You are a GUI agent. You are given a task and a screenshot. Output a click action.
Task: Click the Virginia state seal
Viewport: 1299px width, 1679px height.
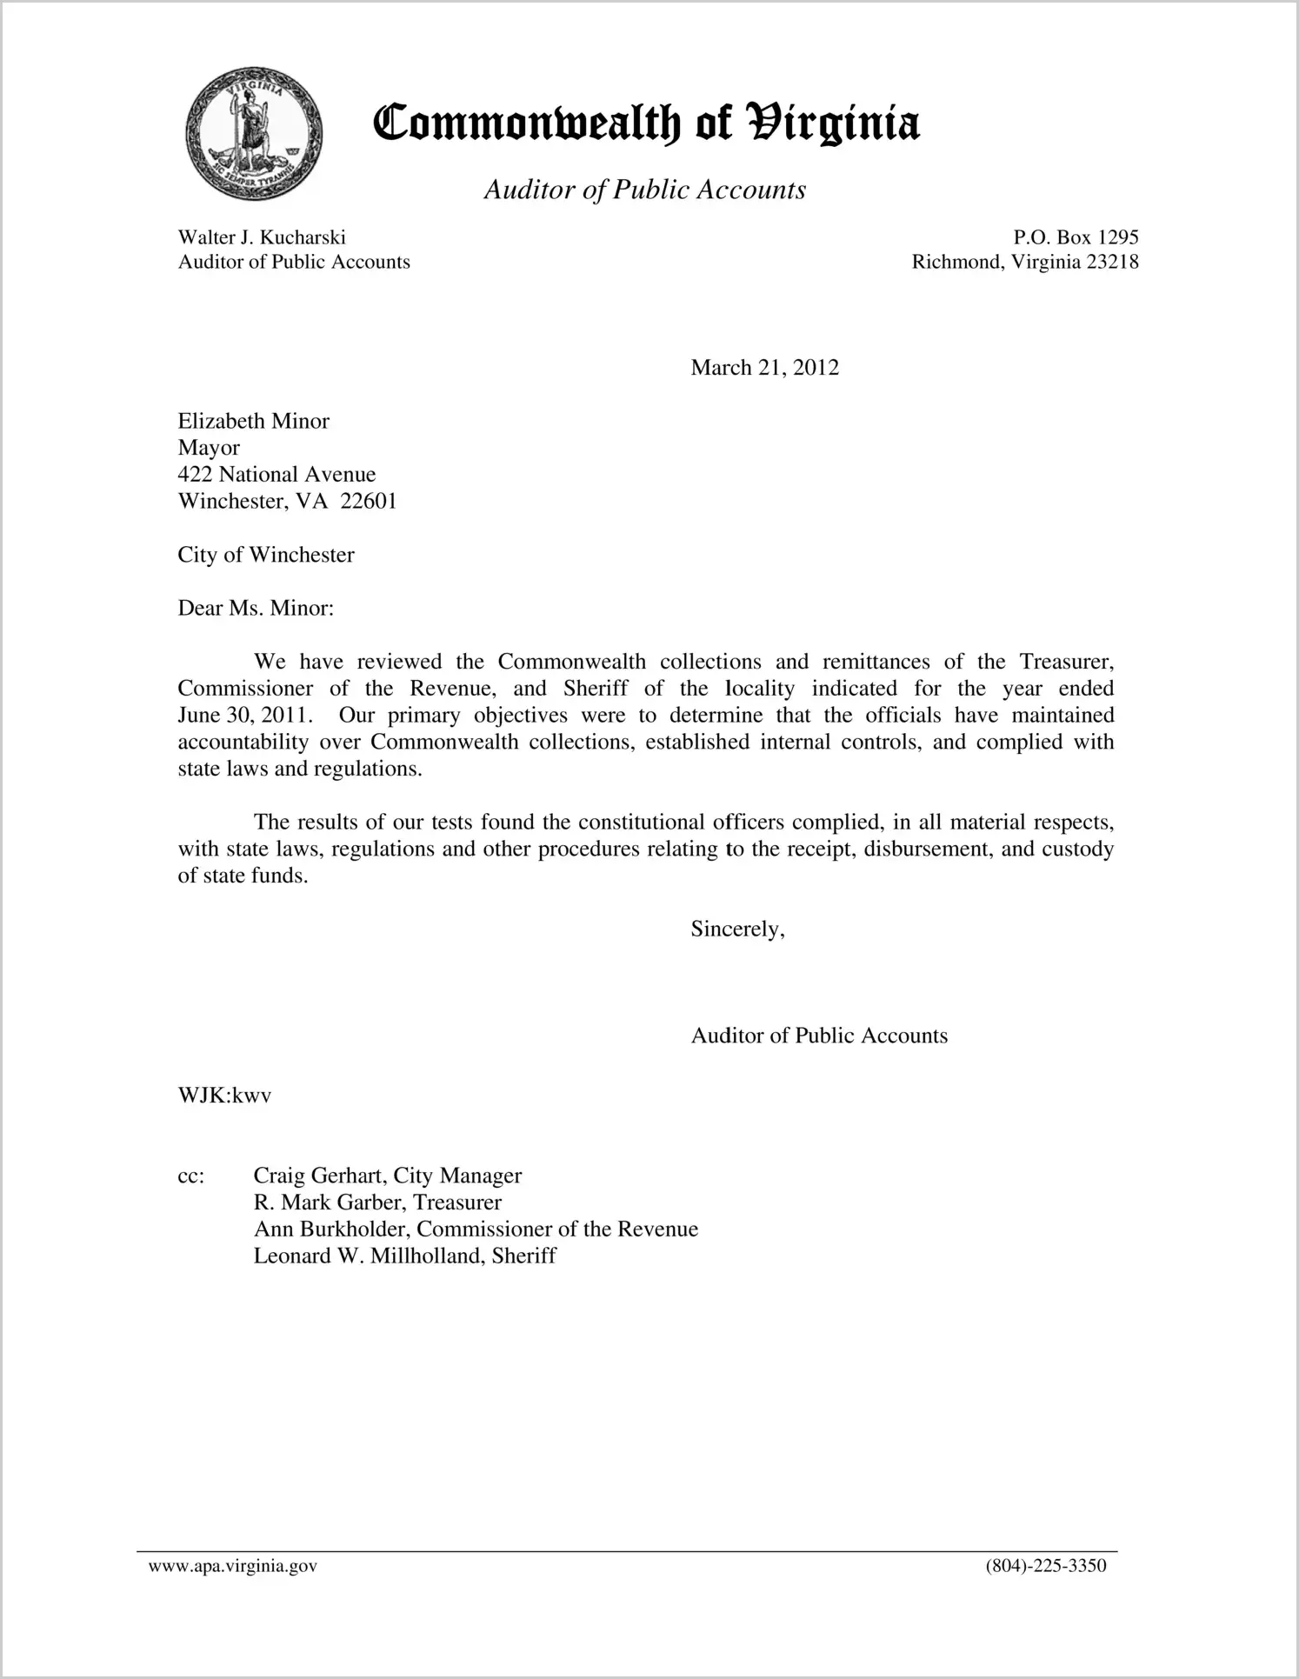[x=254, y=133]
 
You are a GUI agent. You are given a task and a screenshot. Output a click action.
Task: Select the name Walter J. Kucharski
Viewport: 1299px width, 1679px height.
[x=262, y=237]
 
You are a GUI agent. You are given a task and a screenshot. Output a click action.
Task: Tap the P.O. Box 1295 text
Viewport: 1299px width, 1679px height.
[x=1076, y=237]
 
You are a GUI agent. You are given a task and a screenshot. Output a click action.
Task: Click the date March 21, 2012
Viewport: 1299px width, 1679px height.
[x=764, y=368]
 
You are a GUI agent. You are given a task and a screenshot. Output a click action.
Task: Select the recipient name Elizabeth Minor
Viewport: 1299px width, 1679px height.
[x=253, y=422]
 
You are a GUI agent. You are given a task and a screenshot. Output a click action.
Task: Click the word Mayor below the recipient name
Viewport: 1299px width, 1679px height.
[x=209, y=448]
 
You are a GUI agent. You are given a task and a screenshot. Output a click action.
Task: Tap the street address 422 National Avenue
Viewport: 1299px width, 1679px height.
[x=276, y=475]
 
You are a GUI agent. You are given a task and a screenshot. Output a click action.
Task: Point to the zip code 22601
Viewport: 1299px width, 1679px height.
[x=369, y=502]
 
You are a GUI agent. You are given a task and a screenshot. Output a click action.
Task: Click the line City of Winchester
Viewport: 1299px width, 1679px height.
[x=266, y=556]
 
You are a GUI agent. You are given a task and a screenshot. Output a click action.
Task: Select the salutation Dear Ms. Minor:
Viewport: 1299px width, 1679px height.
[x=256, y=609]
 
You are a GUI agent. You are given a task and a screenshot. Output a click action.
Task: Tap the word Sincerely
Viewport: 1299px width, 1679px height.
[x=737, y=929]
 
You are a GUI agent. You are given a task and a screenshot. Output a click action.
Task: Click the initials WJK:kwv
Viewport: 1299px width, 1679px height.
[x=224, y=1096]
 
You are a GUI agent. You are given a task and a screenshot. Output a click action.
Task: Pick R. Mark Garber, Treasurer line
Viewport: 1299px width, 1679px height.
[x=377, y=1203]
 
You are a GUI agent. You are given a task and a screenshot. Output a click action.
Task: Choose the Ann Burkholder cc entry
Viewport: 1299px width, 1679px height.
[x=476, y=1229]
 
